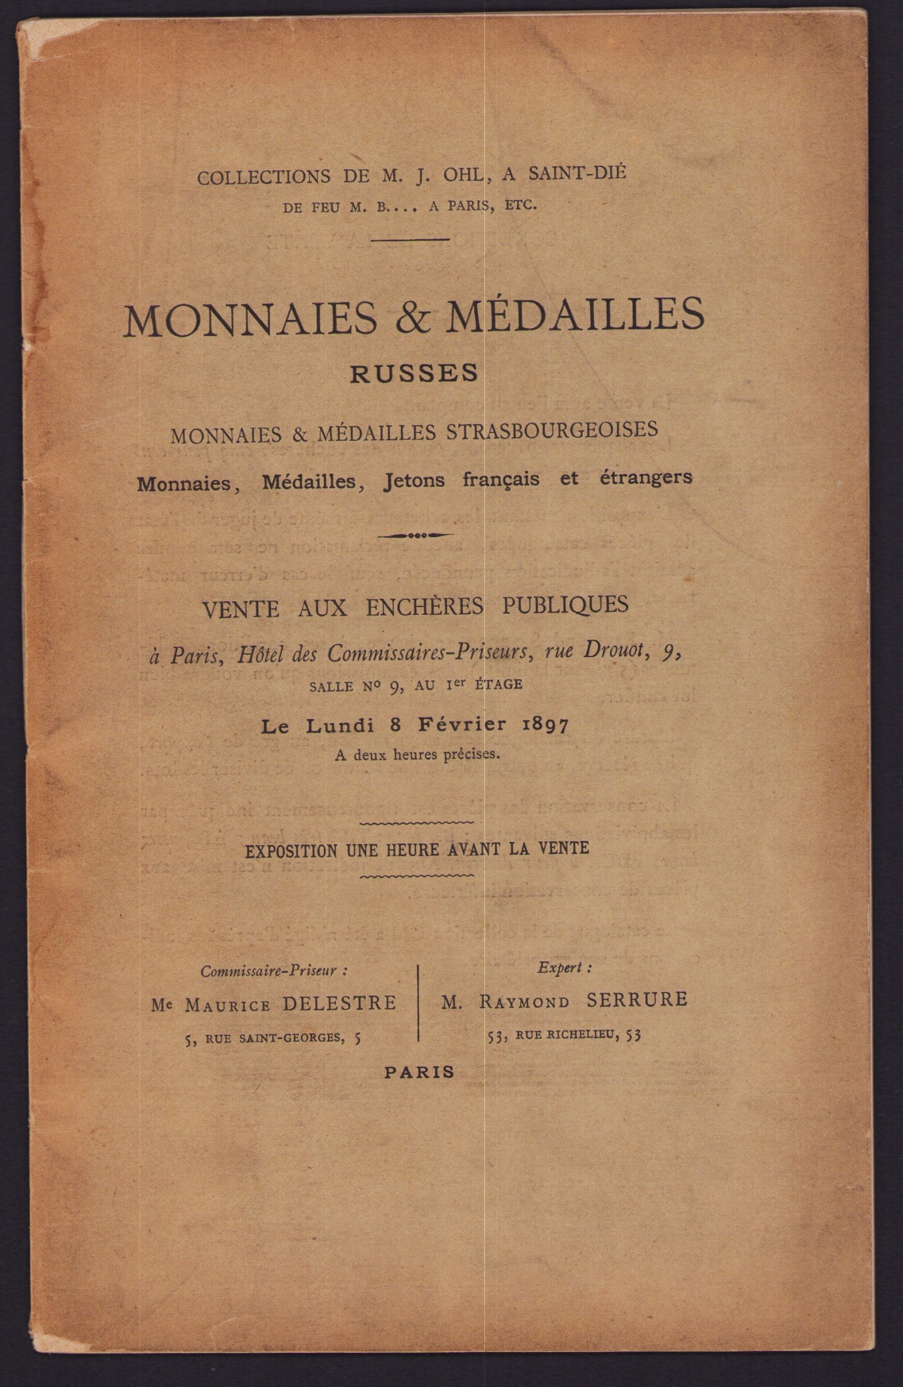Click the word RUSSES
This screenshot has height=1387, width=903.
click(414, 373)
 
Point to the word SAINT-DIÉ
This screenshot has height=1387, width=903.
click(577, 173)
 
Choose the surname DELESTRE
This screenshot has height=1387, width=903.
click(339, 1003)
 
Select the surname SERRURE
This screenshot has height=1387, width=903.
click(636, 1000)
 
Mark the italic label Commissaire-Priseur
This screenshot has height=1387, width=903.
click(274, 971)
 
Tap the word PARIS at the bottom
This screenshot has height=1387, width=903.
click(420, 1072)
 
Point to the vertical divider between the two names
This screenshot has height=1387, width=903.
click(418, 1002)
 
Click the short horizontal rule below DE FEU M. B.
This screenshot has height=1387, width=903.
click(410, 239)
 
